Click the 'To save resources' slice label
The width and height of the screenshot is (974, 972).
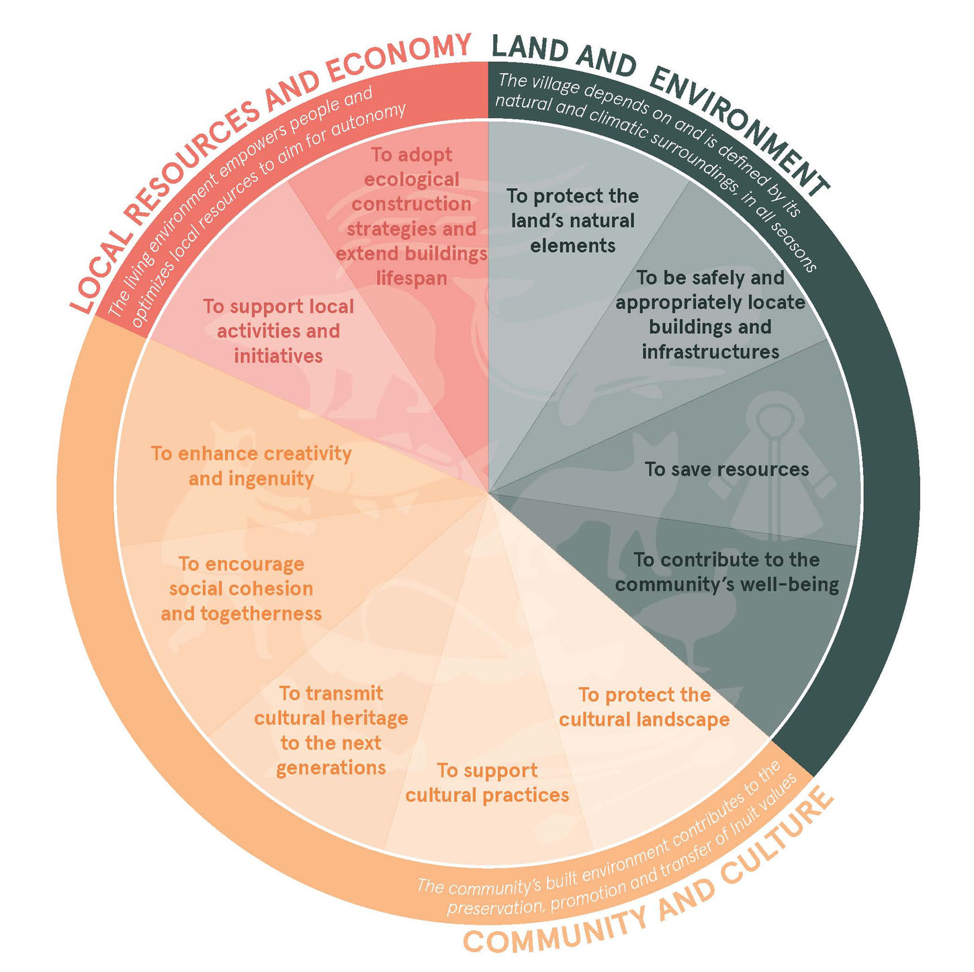(x=726, y=469)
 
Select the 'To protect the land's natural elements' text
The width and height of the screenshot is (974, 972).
(x=572, y=220)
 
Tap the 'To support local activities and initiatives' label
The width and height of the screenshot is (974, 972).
(x=278, y=330)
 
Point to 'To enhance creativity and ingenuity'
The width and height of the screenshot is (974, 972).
(x=251, y=466)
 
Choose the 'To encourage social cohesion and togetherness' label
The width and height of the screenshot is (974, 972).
(x=241, y=588)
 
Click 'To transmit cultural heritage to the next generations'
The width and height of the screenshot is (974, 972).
(x=330, y=730)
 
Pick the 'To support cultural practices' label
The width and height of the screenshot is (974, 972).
(x=487, y=783)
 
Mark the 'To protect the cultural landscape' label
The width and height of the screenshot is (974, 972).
(x=644, y=707)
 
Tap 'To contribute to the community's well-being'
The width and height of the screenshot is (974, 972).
(x=727, y=572)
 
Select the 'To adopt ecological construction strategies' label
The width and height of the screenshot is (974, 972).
(x=411, y=216)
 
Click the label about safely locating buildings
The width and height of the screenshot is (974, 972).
(x=710, y=314)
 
